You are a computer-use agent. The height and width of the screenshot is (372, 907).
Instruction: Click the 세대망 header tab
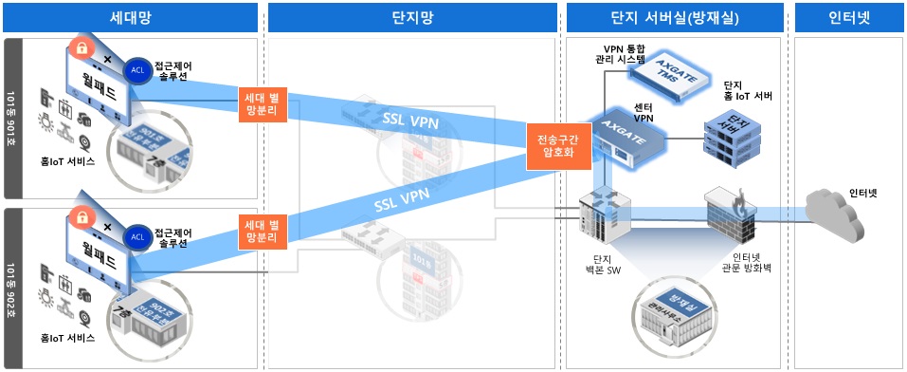point(130,17)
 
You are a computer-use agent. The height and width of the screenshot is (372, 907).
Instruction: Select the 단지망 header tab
point(410,17)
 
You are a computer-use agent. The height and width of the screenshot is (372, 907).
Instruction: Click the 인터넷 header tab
point(848,17)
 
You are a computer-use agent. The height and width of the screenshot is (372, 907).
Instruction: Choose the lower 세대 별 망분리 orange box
point(261,233)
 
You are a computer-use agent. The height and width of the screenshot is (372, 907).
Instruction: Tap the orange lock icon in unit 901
point(82,48)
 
